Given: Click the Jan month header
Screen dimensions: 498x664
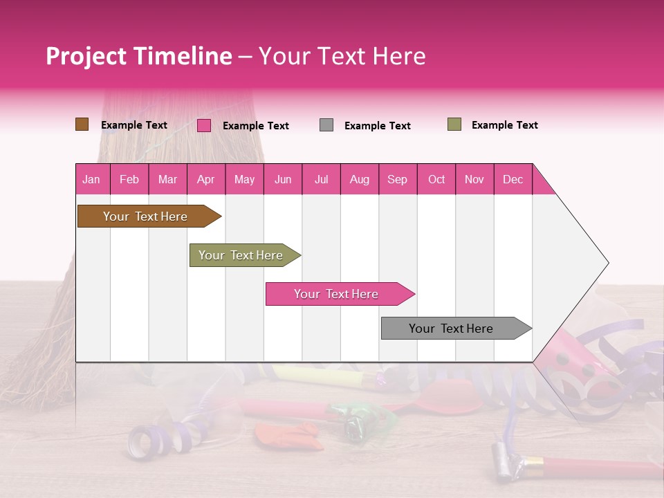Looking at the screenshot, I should (x=92, y=179).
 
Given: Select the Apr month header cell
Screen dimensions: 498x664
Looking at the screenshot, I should (x=206, y=179).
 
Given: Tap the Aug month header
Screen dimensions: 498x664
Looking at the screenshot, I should (x=360, y=179).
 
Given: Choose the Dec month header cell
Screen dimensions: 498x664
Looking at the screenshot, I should (x=513, y=179).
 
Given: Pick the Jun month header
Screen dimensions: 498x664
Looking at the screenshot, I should (x=283, y=179).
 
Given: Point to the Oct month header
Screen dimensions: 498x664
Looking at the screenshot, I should (x=436, y=179).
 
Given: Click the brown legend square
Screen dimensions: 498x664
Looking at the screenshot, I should (x=82, y=124).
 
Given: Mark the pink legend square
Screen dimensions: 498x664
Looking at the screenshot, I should (x=204, y=125).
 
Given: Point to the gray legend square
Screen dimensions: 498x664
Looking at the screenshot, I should (x=326, y=125).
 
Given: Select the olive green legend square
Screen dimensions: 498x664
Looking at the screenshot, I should (x=454, y=124).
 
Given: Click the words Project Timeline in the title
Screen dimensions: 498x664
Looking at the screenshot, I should (x=139, y=56).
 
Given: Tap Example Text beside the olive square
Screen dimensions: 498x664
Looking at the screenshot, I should (x=504, y=125).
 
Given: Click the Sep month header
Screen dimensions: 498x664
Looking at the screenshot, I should (x=398, y=179).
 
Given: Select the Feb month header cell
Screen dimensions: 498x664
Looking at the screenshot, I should (x=129, y=179).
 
